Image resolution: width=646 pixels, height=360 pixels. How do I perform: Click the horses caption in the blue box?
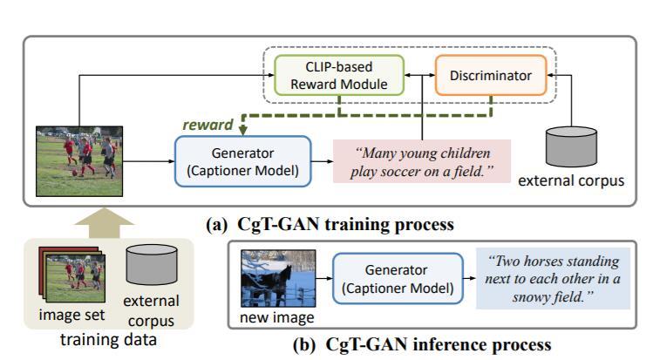(x=553, y=279)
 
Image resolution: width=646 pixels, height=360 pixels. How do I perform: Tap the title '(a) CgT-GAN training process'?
(x=330, y=225)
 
